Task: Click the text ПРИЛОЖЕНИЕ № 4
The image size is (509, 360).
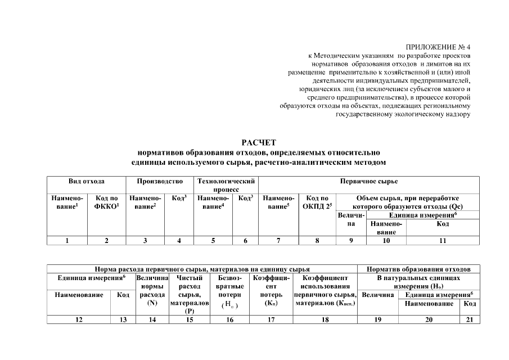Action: coord(438,47)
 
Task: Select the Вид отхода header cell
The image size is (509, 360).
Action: coord(86,182)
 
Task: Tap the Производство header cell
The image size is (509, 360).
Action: coord(160,182)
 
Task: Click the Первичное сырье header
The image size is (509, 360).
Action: coord(369,182)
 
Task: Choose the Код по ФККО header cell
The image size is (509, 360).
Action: coord(106,202)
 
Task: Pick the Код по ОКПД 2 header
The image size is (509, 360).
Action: coord(317,202)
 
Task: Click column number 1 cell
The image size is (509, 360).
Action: coord(67,241)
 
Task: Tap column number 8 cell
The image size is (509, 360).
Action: coord(317,241)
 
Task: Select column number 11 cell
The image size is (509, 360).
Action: coord(443,241)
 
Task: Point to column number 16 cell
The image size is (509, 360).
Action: coord(229,320)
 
